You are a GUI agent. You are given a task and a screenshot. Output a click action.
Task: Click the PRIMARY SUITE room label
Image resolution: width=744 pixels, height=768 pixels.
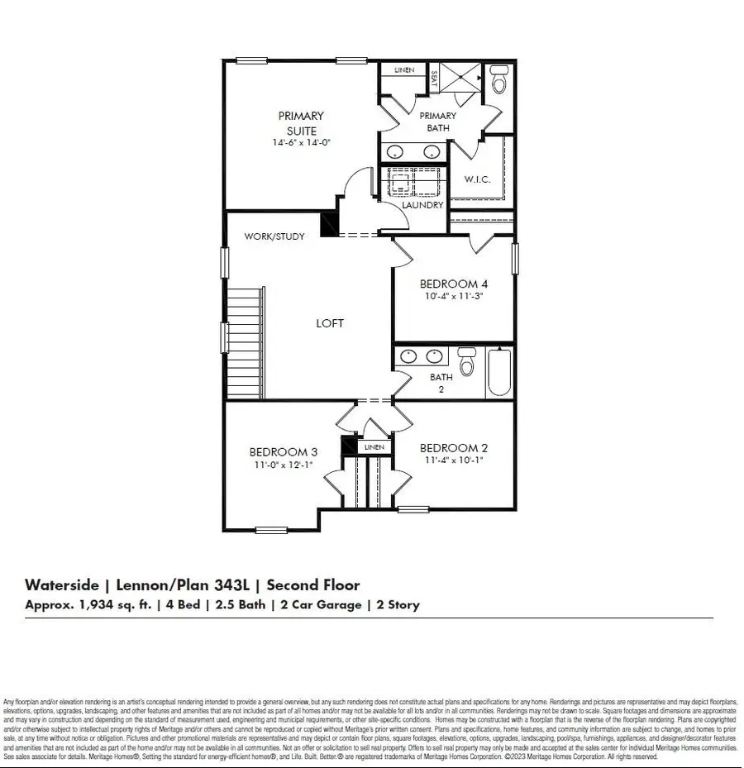tap(301, 123)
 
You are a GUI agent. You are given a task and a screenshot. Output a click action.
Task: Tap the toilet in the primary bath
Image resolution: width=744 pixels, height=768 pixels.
tap(498, 82)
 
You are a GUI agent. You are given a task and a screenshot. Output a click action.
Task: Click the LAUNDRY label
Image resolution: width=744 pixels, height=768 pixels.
tap(422, 205)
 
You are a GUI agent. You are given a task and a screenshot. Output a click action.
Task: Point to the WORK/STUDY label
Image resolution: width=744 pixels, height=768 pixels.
tap(274, 236)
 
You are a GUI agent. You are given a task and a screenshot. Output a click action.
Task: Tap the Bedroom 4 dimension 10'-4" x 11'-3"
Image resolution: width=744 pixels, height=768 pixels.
tap(452, 295)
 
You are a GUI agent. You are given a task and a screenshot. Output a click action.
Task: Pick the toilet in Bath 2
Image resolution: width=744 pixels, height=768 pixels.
tap(467, 363)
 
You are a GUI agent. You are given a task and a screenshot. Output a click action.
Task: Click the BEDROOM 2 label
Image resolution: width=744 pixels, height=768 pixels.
tap(449, 448)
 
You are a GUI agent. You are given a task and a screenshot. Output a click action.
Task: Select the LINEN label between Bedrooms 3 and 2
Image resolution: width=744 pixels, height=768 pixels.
tap(374, 447)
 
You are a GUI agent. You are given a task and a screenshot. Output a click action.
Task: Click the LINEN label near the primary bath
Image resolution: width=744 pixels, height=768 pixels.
tap(403, 71)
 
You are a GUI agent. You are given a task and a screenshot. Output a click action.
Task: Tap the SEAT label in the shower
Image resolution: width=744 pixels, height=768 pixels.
tap(434, 79)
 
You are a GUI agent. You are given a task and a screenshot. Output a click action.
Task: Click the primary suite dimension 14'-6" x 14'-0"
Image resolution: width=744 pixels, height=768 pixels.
tap(301, 143)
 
